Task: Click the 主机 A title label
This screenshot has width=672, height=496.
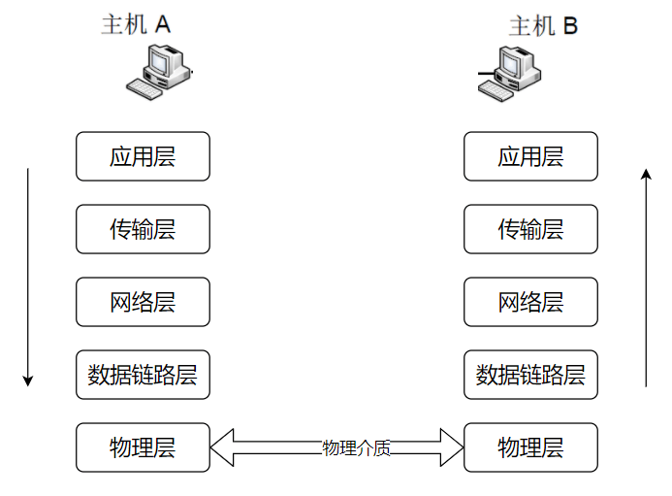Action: click(x=136, y=24)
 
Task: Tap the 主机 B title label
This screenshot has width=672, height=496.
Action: click(x=543, y=25)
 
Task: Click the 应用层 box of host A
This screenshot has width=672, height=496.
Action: click(x=143, y=156)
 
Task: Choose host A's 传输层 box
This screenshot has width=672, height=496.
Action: click(x=143, y=229)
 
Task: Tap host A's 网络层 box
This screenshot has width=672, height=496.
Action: click(x=143, y=302)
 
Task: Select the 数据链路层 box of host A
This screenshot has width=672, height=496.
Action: click(x=143, y=375)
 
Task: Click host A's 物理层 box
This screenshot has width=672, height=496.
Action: click(x=143, y=447)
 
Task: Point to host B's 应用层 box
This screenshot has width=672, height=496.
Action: click(x=530, y=156)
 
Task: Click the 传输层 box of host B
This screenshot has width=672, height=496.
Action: click(x=530, y=229)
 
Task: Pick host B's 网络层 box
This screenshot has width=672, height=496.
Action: click(x=530, y=302)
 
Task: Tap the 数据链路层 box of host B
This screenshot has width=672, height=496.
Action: click(x=530, y=375)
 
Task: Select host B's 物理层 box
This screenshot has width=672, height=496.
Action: click(x=530, y=447)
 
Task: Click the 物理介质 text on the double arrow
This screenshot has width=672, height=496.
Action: click(x=357, y=447)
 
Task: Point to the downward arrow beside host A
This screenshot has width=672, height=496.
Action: click(x=28, y=277)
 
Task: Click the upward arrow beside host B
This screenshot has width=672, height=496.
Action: click(x=646, y=277)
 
